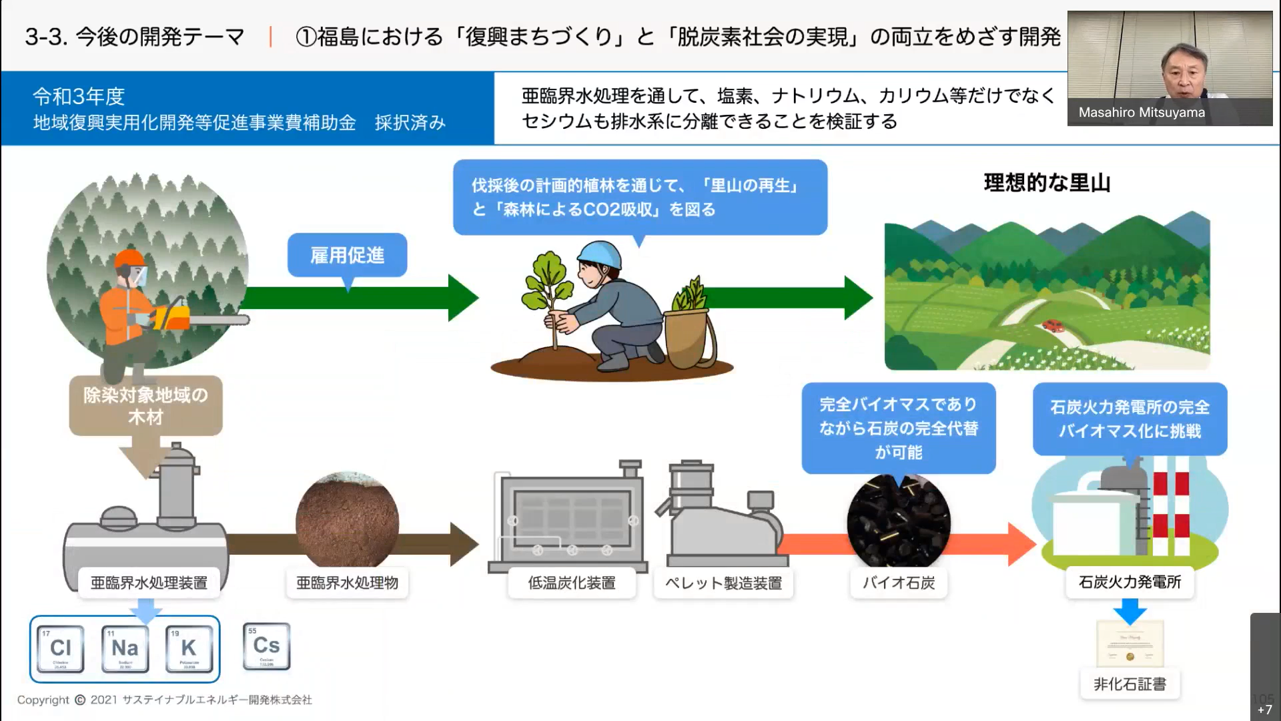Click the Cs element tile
[x=266, y=646]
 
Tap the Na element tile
[x=125, y=648]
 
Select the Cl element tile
[x=61, y=648]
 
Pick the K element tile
[x=189, y=648]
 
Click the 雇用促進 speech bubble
[x=347, y=255]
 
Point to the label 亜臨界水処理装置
[x=149, y=583]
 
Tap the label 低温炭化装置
[x=572, y=583]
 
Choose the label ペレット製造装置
[x=723, y=583]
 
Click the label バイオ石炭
[x=898, y=583]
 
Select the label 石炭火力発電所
[x=1130, y=582]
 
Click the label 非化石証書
[x=1130, y=684]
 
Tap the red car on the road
[x=1053, y=326]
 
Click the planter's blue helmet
[x=600, y=256]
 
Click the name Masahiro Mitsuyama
[x=1142, y=113]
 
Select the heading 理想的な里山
[x=1047, y=183]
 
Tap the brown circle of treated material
[x=347, y=521]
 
